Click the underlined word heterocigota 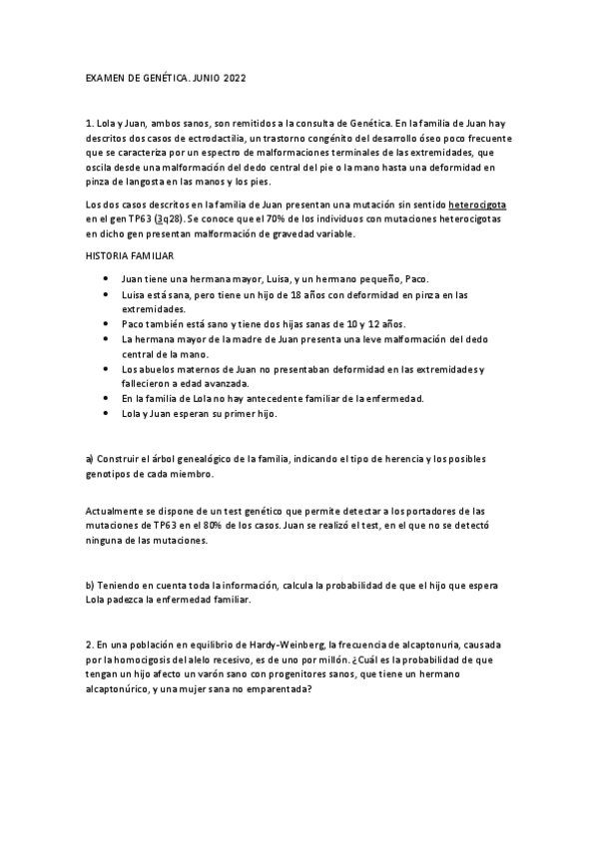pos(477,205)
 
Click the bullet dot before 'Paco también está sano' pos(106,325)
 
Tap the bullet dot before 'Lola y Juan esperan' pos(106,413)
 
